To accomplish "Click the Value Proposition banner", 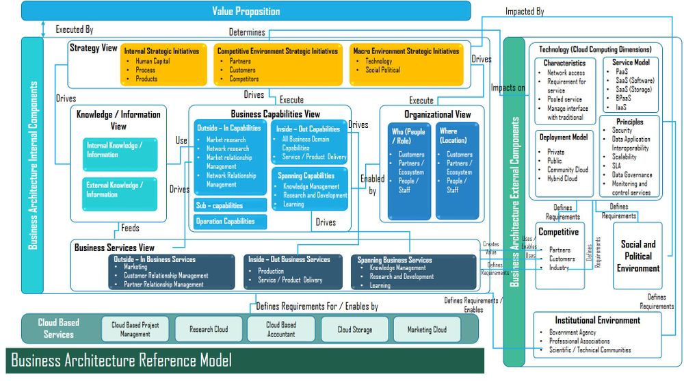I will click(247, 11).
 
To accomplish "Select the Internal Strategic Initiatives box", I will click(161, 66).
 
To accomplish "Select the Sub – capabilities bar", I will click(230, 205).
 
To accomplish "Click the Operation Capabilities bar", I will click(230, 221).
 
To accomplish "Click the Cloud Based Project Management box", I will click(135, 329).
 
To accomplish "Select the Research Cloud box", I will click(209, 329).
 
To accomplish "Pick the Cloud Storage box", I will click(354, 329).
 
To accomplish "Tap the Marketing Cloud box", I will click(427, 329).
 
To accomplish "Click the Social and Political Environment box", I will click(637, 256).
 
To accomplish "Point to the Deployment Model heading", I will click(564, 137).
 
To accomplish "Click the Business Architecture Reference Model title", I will click(121, 360).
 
